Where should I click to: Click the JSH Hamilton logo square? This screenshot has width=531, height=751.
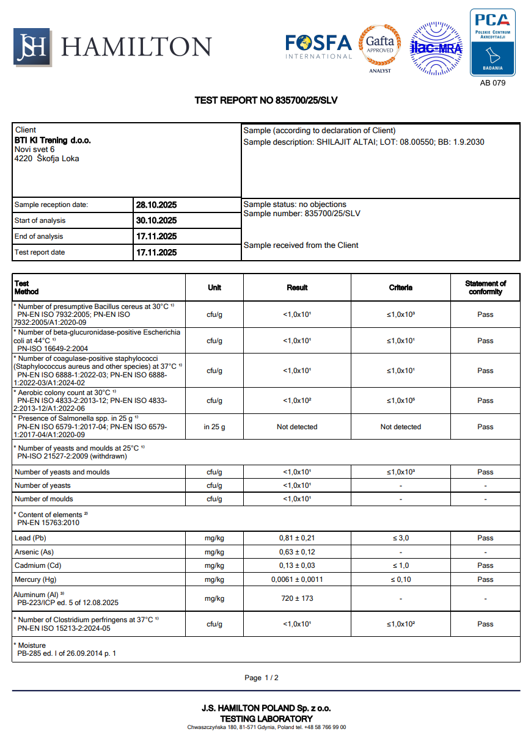click(x=32, y=47)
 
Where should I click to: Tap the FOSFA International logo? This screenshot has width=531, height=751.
click(x=318, y=46)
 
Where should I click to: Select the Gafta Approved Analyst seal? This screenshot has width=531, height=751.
click(x=379, y=46)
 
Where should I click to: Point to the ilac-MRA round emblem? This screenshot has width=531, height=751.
click(x=436, y=47)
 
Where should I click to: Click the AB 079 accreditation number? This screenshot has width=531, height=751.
click(x=493, y=82)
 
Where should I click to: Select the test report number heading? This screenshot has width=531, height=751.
click(x=266, y=100)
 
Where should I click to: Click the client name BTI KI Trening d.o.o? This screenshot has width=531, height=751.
click(x=53, y=140)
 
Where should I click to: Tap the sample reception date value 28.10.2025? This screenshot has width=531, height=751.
click(x=156, y=205)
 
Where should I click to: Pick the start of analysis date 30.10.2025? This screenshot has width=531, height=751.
click(x=156, y=220)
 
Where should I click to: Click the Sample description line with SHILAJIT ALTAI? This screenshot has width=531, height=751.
click(x=364, y=142)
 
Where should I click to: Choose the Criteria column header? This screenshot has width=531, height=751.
click(x=401, y=288)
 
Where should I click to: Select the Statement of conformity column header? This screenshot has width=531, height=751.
click(x=485, y=288)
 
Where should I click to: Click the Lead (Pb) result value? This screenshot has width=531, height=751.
click(x=297, y=538)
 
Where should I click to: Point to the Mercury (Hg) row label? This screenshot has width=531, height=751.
click(x=36, y=579)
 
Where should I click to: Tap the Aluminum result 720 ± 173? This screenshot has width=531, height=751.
click(x=297, y=598)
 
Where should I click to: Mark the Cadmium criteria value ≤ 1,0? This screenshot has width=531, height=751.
click(x=401, y=565)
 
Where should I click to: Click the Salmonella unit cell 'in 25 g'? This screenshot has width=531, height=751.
click(x=214, y=427)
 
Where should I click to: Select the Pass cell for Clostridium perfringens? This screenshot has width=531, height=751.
click(x=485, y=624)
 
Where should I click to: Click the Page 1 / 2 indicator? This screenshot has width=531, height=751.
click(x=262, y=678)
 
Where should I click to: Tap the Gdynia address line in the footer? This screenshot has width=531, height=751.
click(x=266, y=727)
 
